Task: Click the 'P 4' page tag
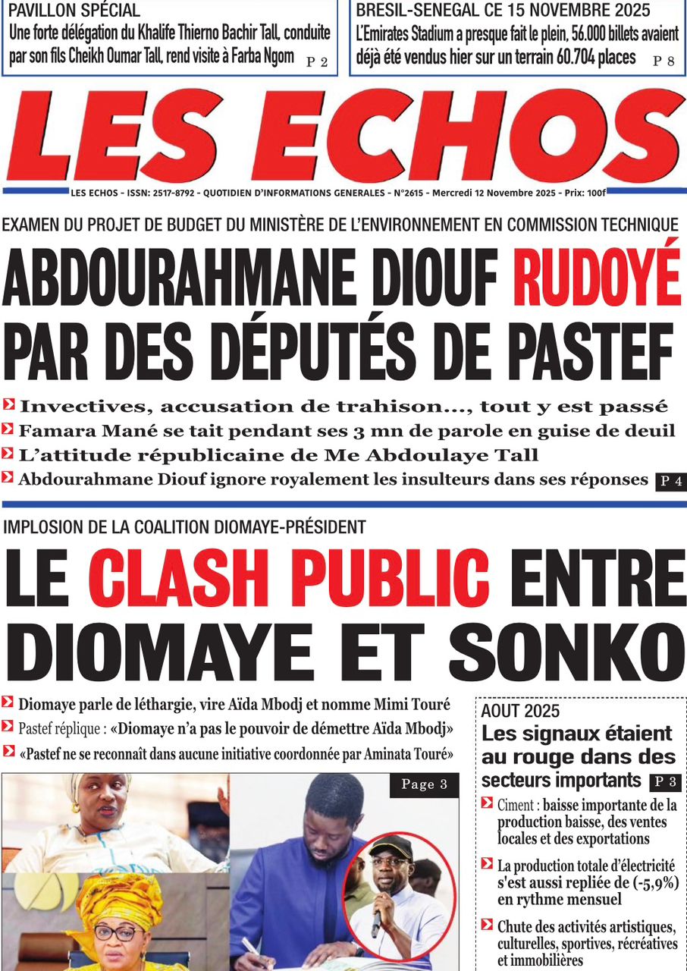[670, 480]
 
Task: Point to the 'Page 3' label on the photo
[423, 784]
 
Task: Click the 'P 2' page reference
[317, 62]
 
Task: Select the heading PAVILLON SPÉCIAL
[74, 11]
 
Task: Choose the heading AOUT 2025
[520, 711]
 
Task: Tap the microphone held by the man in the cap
[377, 918]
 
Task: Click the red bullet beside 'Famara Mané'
[8, 430]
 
